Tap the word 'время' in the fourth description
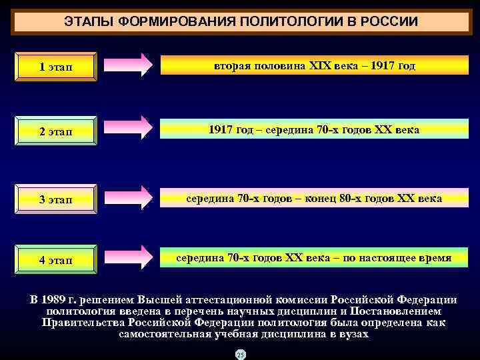click(x=433, y=257)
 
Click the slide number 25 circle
click(x=240, y=354)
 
